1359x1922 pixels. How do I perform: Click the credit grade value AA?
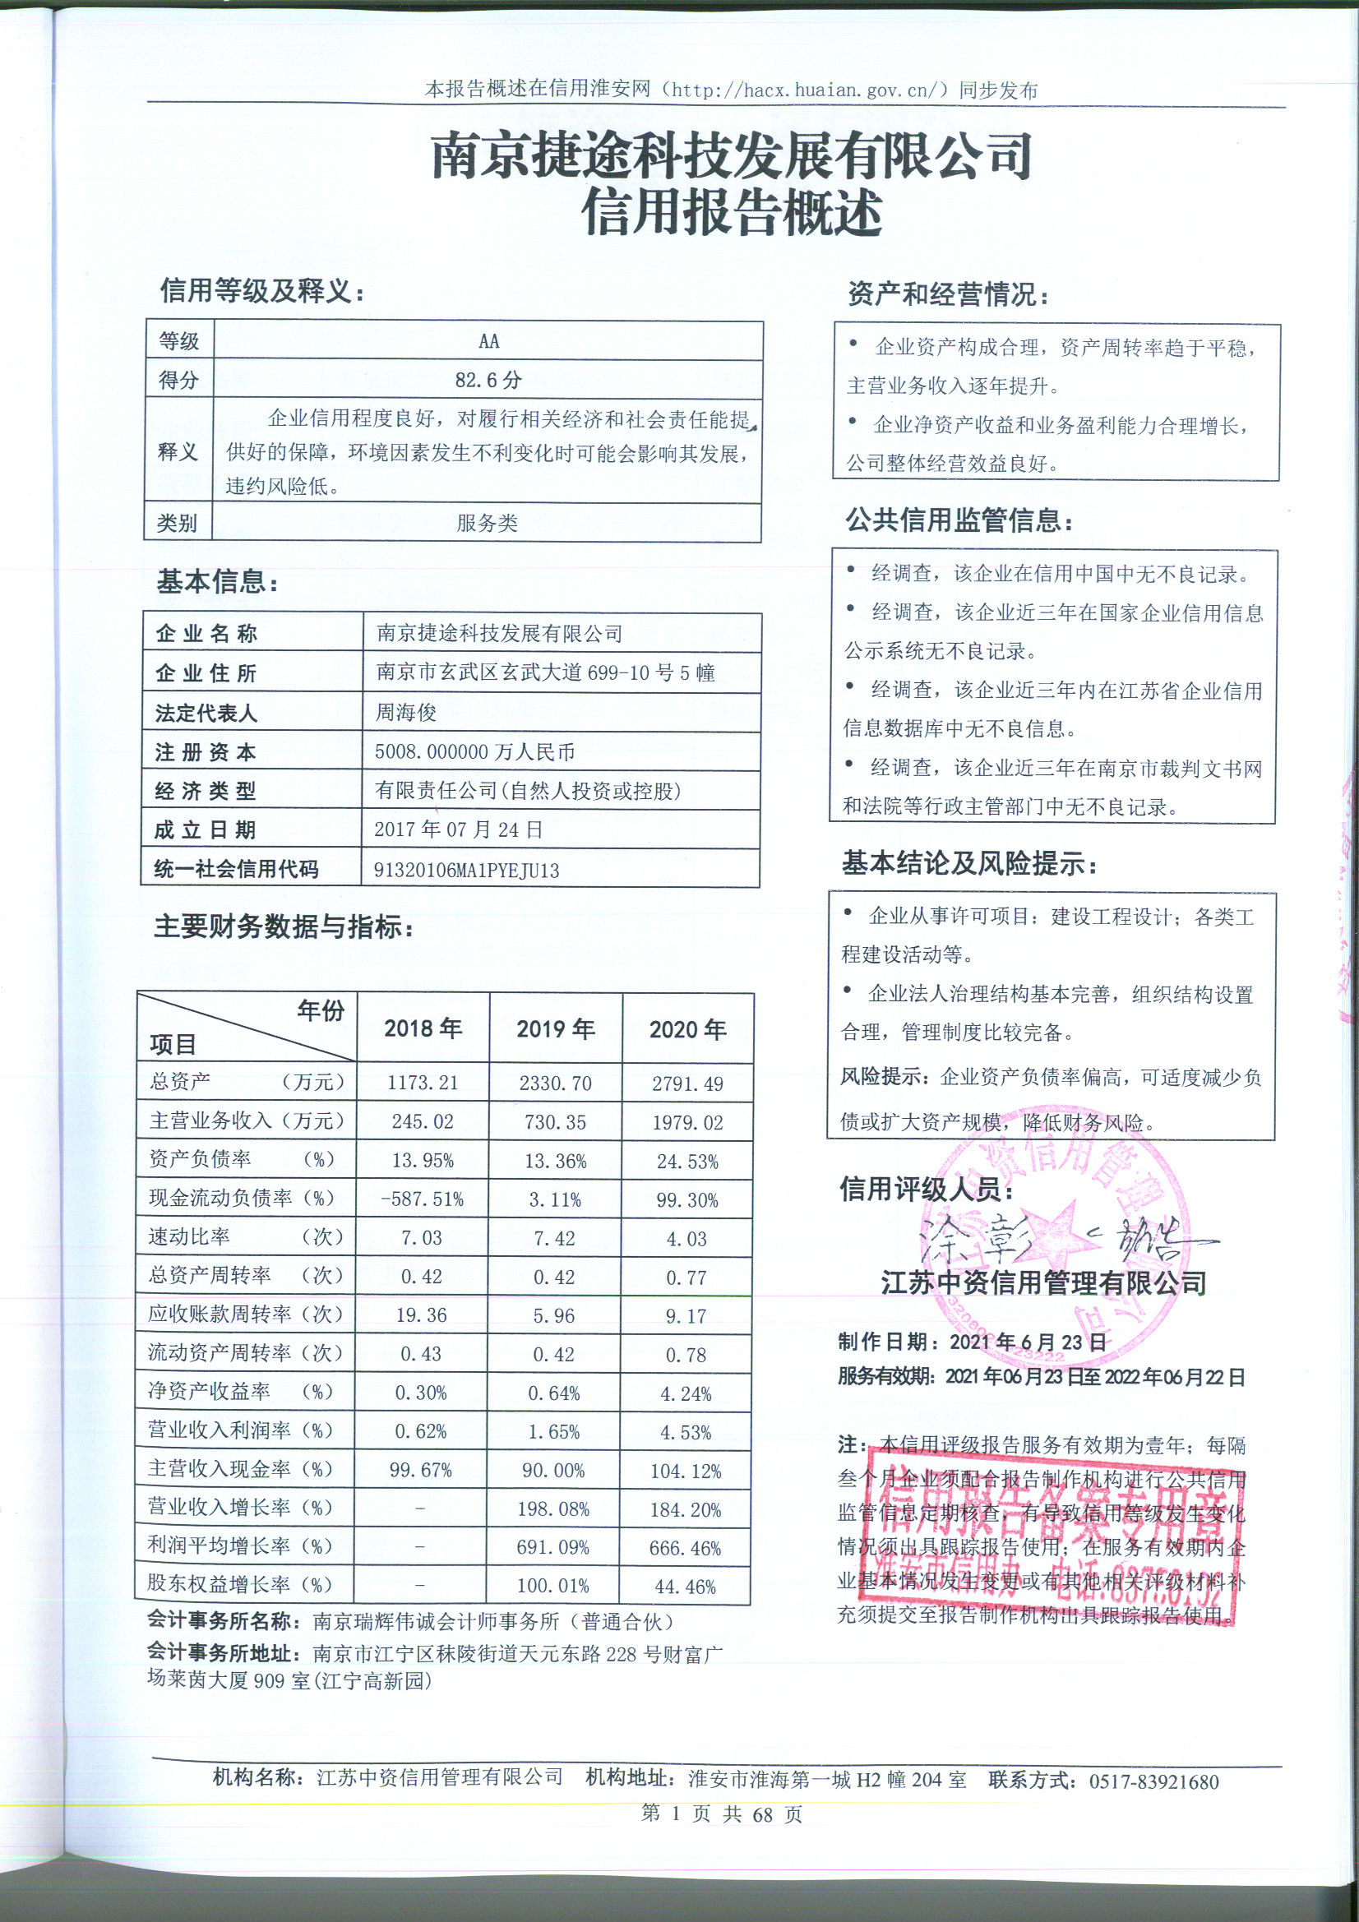(x=488, y=341)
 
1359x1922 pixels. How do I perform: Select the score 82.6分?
(x=488, y=381)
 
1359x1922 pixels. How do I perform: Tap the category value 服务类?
(x=487, y=524)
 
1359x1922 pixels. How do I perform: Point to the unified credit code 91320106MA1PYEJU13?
(x=466, y=871)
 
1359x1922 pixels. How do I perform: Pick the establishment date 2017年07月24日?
(x=458, y=830)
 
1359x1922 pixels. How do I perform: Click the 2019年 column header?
(x=555, y=1028)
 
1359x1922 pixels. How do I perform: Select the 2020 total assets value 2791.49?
(x=687, y=1084)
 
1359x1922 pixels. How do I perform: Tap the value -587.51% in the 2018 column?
(x=422, y=1199)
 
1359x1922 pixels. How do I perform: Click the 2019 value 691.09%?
(x=552, y=1547)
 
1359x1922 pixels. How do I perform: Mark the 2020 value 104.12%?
(x=686, y=1471)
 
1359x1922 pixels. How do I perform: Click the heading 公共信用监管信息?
(x=959, y=520)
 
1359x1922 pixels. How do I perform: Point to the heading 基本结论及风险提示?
(x=968, y=864)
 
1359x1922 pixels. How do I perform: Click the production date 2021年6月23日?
(x=1028, y=1342)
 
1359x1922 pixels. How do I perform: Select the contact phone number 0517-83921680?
(x=1153, y=1781)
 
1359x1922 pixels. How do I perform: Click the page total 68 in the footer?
(x=762, y=1814)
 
